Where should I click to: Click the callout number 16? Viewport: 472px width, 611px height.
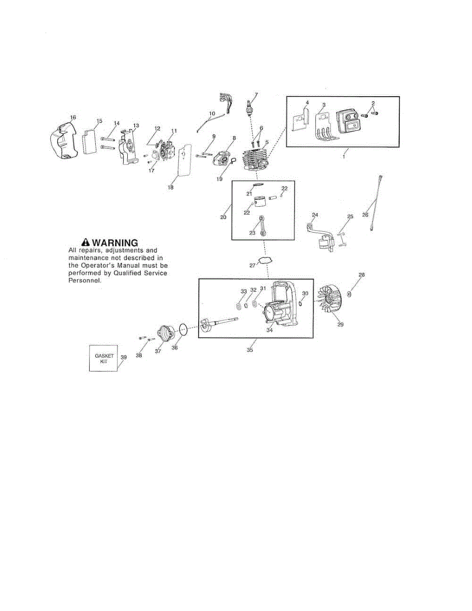[73, 118]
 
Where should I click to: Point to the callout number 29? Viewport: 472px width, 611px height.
[341, 325]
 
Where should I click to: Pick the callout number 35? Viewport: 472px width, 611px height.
[249, 350]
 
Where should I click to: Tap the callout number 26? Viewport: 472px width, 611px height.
[365, 214]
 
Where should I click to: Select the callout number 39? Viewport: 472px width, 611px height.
[124, 357]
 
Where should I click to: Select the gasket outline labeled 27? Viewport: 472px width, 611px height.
[264, 260]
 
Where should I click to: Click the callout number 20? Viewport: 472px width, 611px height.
[223, 217]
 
